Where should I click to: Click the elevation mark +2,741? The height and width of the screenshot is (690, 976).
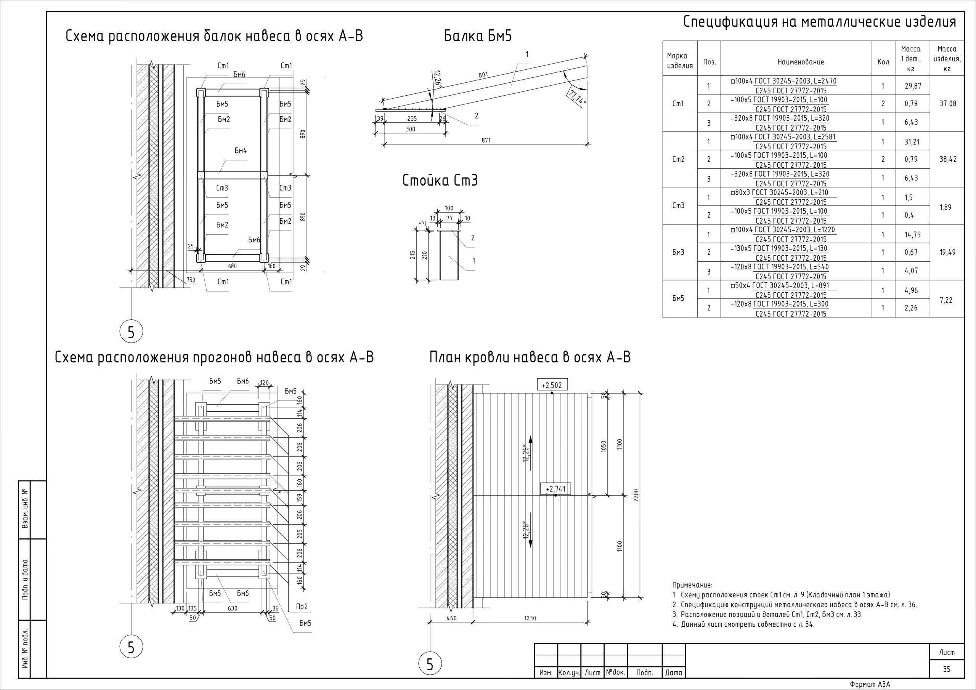[555, 489]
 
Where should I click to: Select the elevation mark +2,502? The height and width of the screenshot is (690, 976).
[552, 385]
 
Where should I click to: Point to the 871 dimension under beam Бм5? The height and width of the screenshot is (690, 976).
[486, 140]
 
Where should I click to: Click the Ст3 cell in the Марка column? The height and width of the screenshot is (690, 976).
[679, 206]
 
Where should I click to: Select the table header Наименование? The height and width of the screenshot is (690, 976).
[801, 62]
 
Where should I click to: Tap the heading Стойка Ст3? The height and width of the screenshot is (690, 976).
[440, 181]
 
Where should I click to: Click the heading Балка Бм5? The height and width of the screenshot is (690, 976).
[478, 36]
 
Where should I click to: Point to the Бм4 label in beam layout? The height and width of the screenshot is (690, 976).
[241, 151]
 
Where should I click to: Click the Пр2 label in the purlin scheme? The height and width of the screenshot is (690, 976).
[302, 607]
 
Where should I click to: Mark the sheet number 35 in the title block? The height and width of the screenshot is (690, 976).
[947, 669]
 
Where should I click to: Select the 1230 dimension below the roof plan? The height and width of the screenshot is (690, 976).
[530, 618]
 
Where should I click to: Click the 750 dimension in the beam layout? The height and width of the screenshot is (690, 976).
[191, 280]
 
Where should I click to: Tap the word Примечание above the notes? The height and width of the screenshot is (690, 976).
[692, 586]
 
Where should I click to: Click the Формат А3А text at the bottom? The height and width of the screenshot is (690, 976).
[870, 684]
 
